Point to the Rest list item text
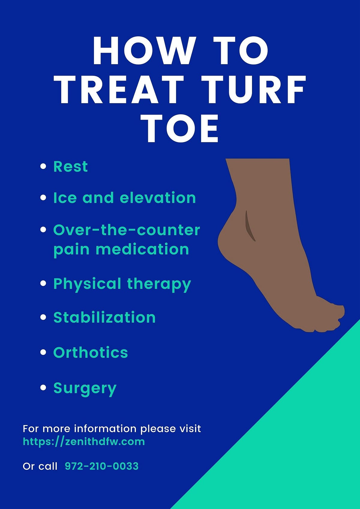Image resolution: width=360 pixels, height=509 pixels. (70, 166)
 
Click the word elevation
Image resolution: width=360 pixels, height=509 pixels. (158, 198)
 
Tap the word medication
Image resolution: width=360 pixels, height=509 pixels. (142, 249)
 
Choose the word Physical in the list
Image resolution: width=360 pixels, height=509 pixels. (87, 284)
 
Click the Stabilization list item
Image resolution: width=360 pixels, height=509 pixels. (104, 317)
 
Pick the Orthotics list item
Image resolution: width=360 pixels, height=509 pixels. (91, 353)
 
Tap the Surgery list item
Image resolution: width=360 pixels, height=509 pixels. (85, 388)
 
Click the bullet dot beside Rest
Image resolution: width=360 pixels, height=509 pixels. (43, 166)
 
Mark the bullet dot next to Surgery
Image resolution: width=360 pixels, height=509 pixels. (43, 388)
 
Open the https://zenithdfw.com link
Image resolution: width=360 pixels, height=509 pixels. (84, 442)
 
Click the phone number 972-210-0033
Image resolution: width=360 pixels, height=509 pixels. (102, 466)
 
